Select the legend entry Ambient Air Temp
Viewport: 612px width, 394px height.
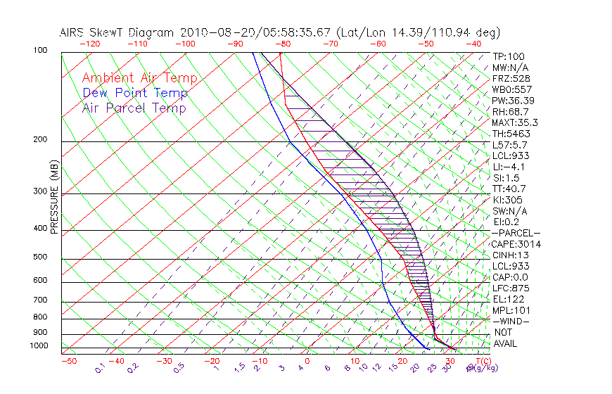click(139, 78)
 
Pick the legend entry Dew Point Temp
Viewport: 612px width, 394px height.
click(134, 93)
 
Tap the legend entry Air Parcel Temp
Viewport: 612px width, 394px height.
click(134, 108)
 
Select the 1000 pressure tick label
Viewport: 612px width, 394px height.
click(39, 346)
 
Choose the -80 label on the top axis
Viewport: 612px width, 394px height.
click(283, 44)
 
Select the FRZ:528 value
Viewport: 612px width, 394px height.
click(509, 79)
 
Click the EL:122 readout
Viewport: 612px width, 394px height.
click(507, 299)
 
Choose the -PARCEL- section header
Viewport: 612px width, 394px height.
click(516, 233)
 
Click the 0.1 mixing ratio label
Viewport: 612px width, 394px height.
click(99, 368)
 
